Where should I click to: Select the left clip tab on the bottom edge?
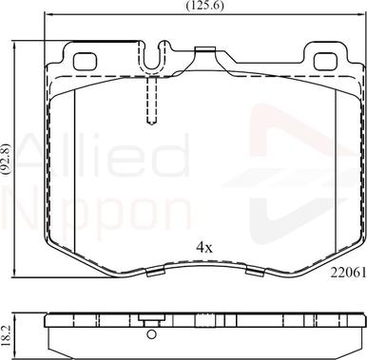click(x=151, y=275)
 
